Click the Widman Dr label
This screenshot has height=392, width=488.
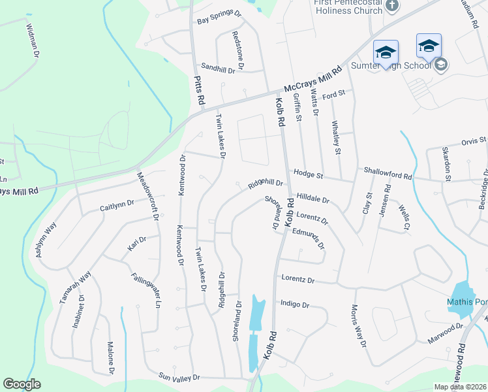click(32, 41)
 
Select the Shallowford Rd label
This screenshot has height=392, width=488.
click(388, 176)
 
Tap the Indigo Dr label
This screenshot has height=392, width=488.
click(294, 304)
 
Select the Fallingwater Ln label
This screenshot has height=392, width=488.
click(145, 290)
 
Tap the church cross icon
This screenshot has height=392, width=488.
click(391, 6)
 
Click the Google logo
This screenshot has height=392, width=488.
click(22, 384)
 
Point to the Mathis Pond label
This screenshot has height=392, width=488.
click(467, 302)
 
